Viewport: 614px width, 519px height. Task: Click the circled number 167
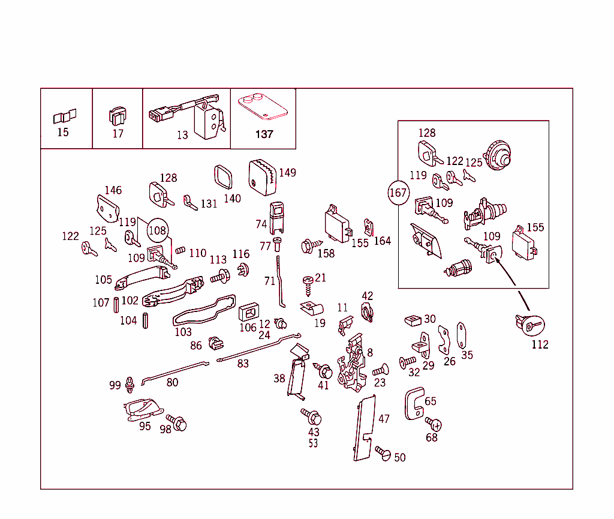(x=398, y=193)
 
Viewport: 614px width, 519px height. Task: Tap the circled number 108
(x=157, y=230)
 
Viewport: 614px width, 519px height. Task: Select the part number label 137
(x=264, y=134)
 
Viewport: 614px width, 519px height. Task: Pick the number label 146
(x=113, y=190)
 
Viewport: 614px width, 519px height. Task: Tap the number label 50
(x=399, y=458)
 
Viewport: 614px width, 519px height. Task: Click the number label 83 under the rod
(x=243, y=364)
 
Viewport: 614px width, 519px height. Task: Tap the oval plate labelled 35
(x=462, y=335)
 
